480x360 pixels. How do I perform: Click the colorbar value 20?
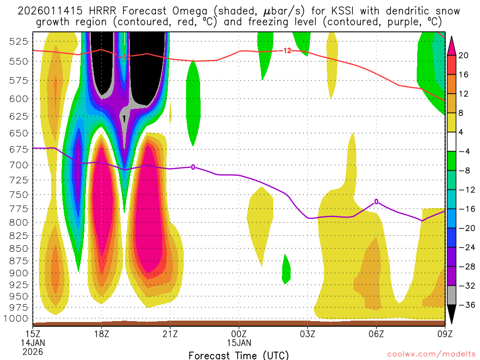[x=463, y=55]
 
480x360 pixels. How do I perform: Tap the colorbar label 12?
[x=463, y=94]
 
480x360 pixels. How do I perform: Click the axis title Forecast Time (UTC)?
[x=239, y=355]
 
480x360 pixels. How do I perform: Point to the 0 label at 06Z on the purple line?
[x=376, y=202]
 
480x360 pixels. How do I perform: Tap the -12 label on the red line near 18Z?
[x=124, y=57]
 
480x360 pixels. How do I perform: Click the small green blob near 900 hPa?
[x=286, y=269]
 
